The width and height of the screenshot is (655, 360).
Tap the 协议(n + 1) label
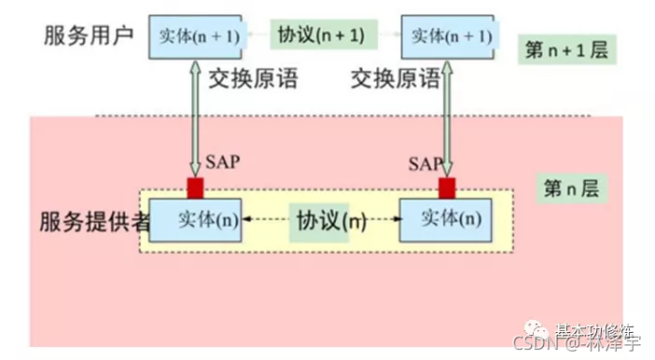(x=320, y=35)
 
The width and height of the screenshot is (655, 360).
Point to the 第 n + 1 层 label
(x=566, y=50)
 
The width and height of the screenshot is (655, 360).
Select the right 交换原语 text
(x=395, y=80)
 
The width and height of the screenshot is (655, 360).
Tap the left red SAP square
(x=195, y=187)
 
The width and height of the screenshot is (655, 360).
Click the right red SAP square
(x=446, y=187)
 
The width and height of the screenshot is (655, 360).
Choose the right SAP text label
(x=425, y=164)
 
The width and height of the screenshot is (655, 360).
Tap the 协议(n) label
(x=329, y=221)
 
